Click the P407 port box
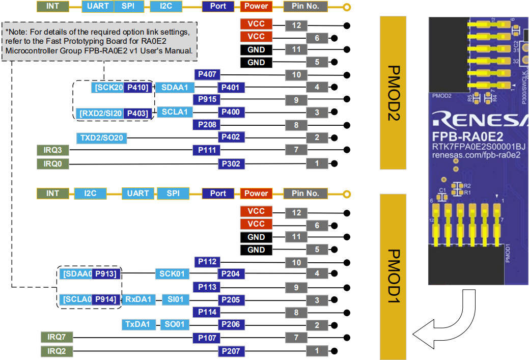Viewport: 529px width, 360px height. pyautogui.click(x=207, y=75)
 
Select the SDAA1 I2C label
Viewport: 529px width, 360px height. pyautogui.click(x=174, y=88)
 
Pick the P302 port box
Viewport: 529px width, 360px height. pyautogui.click(x=231, y=164)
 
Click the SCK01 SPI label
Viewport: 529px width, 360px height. pyautogui.click(x=173, y=274)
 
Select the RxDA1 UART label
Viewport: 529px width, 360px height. pyautogui.click(x=138, y=299)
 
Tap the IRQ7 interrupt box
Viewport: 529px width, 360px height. pyautogui.click(x=57, y=337)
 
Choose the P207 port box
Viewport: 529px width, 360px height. pyautogui.click(x=231, y=351)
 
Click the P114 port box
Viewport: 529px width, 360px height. pyautogui.click(x=207, y=312)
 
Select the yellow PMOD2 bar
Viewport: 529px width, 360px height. pyautogui.click(x=399, y=93)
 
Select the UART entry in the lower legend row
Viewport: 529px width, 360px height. pyautogui.click(x=137, y=193)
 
